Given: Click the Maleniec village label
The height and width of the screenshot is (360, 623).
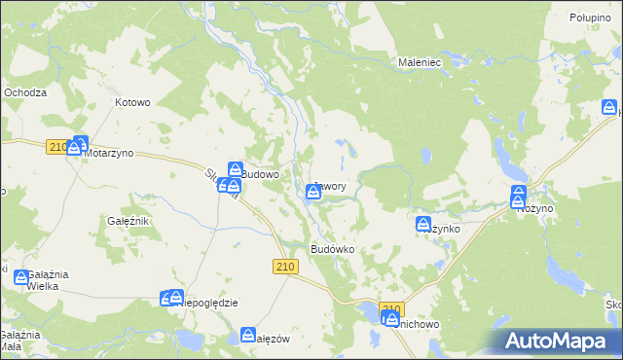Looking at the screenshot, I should point(421,61).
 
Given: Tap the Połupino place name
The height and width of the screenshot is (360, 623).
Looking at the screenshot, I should point(590,18).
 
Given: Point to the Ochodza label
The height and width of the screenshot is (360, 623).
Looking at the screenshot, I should point(25,92).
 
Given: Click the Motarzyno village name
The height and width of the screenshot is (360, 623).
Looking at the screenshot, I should point(108,154).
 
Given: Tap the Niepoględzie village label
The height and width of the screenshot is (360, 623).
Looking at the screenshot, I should point(209,303).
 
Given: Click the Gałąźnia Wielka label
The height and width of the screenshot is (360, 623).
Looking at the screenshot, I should point(34,281).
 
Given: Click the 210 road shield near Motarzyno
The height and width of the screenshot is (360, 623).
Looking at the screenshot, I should point(55,147).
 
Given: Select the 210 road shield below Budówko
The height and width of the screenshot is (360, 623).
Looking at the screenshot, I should point(284,268).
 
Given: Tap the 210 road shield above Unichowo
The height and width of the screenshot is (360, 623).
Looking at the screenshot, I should point(390,310).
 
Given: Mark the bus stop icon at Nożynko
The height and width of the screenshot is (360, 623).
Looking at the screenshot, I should point(424,225).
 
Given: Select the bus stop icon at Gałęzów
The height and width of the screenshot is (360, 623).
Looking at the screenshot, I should point(248,336).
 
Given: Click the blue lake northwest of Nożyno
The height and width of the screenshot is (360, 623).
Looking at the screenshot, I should point(505,150).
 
